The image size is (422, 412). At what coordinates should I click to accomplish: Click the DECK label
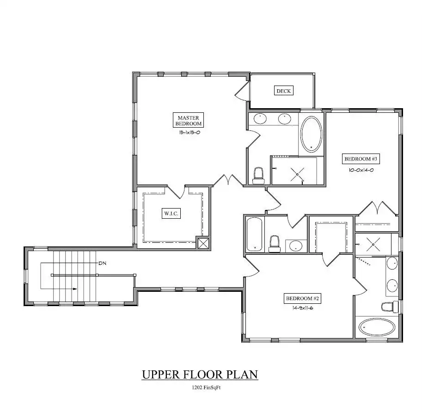pyautogui.click(x=284, y=91)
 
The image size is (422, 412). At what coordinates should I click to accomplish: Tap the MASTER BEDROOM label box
pyautogui.click(x=189, y=120)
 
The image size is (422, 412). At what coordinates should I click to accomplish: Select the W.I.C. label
pyautogui.click(x=171, y=213)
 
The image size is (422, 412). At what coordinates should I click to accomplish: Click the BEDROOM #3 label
pyautogui.click(x=361, y=159)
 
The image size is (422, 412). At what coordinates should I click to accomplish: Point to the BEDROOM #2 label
pyautogui.click(x=302, y=298)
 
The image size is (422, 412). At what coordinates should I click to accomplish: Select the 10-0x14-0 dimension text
pyautogui.click(x=361, y=170)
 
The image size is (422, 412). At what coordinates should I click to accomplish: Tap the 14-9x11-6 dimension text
pyautogui.click(x=302, y=308)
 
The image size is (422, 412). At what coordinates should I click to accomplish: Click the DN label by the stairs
pyautogui.click(x=102, y=263)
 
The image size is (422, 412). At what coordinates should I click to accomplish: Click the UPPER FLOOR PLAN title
pyautogui.click(x=200, y=374)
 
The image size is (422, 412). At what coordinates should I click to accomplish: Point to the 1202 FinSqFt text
pyautogui.click(x=206, y=387)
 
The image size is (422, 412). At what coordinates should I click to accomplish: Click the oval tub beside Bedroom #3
pyautogui.click(x=312, y=135)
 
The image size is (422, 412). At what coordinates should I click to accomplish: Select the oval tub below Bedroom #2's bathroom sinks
pyautogui.click(x=377, y=327)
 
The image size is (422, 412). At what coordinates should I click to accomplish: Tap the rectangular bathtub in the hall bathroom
pyautogui.click(x=254, y=234)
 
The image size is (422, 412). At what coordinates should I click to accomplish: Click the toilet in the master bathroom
pyautogui.click(x=258, y=175)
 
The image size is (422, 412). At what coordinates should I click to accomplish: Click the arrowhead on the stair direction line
pyautogui.click(x=74, y=289)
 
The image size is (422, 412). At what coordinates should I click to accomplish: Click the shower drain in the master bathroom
pyautogui.click(x=297, y=174)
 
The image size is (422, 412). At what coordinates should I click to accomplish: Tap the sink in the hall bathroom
pyautogui.click(x=295, y=246)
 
